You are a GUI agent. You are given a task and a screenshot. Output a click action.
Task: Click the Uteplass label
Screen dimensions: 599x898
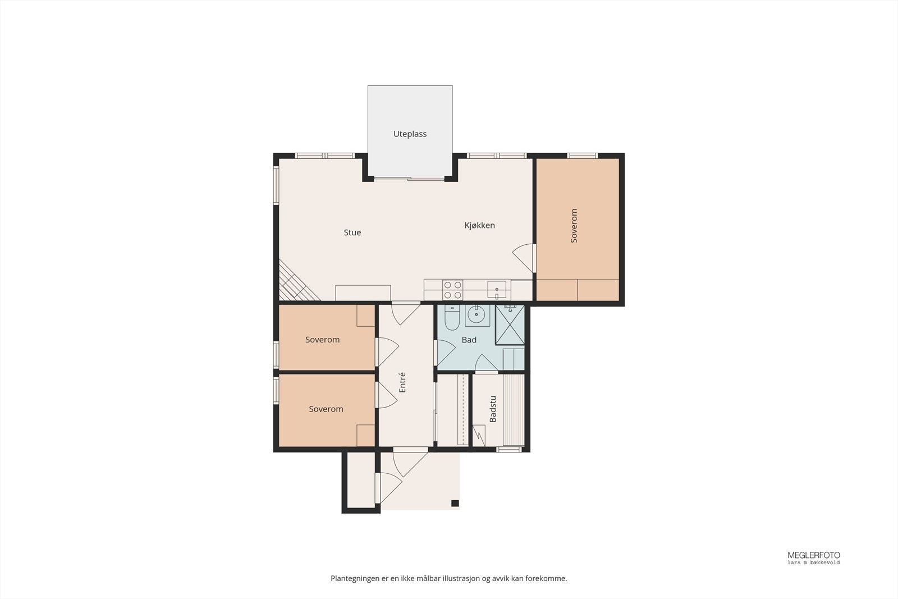pyautogui.click(x=410, y=134)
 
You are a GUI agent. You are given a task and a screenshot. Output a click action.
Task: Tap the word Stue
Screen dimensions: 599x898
pyautogui.click(x=352, y=232)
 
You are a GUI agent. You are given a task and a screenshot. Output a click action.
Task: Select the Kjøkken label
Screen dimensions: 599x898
pyautogui.click(x=480, y=226)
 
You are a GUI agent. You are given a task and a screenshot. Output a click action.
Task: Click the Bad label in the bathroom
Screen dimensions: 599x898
pyautogui.click(x=469, y=340)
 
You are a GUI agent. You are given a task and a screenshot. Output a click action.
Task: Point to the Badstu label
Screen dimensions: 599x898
pyautogui.click(x=493, y=409)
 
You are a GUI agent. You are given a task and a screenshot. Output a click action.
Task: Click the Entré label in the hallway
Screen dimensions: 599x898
pyautogui.click(x=402, y=382)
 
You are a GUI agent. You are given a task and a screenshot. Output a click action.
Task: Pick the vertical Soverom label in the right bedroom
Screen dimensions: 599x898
pyautogui.click(x=574, y=226)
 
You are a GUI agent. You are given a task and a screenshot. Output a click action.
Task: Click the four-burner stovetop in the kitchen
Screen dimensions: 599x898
pyautogui.click(x=453, y=290)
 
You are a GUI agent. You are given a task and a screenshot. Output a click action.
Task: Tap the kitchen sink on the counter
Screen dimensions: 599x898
pyautogui.click(x=497, y=290)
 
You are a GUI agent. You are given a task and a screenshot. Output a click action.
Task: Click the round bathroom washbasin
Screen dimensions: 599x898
pyautogui.click(x=477, y=315)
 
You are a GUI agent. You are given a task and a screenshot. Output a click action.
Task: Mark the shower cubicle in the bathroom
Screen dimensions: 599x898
pyautogui.click(x=510, y=324)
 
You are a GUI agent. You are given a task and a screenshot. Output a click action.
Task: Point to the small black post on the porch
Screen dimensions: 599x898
pyautogui.click(x=455, y=503)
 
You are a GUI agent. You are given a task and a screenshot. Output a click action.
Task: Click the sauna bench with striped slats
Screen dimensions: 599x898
pyautogui.click(x=514, y=410)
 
